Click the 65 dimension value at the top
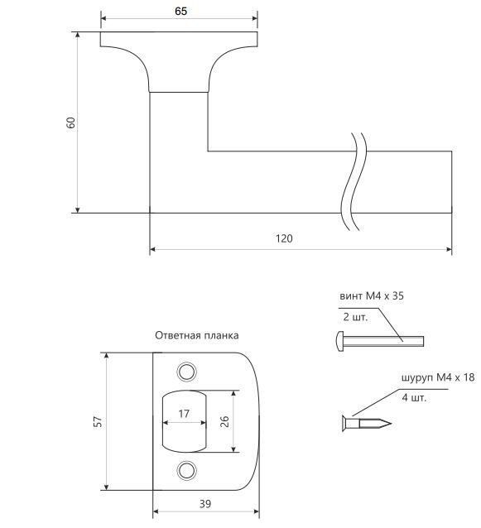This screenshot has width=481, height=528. (180, 11)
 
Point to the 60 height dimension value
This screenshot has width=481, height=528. (70, 123)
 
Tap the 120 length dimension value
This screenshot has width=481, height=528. (284, 238)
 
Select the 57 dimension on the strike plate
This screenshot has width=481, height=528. (98, 422)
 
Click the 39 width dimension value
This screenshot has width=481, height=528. (205, 504)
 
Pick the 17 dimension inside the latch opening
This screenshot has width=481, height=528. (184, 414)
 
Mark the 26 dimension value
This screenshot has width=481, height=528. (224, 421)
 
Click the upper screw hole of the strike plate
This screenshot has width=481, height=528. (186, 372)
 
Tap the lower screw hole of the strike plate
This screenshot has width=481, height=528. (186, 470)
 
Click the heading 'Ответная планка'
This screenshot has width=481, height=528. (197, 335)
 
